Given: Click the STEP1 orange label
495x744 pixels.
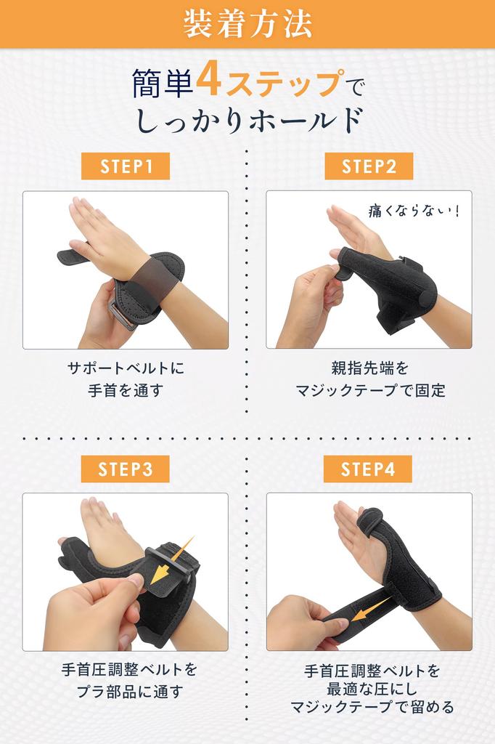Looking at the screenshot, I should (x=125, y=166).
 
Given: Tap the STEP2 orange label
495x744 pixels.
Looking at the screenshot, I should (x=369, y=166).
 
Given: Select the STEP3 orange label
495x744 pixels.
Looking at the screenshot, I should (x=125, y=469).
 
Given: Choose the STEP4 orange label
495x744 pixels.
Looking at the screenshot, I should (x=369, y=469).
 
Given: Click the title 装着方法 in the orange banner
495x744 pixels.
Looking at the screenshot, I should (x=247, y=24).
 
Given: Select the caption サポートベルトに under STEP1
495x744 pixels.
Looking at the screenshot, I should (x=125, y=368).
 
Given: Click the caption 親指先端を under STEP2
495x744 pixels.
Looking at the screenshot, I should (x=369, y=368).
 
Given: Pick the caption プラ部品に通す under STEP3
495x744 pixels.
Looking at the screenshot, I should (x=125, y=691).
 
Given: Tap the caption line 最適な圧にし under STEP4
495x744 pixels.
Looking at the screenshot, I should (x=369, y=687).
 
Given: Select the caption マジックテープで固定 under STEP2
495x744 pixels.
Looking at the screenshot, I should (x=369, y=391).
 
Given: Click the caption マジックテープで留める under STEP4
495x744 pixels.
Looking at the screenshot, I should (x=369, y=707).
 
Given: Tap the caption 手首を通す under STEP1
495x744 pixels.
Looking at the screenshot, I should (x=125, y=391).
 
